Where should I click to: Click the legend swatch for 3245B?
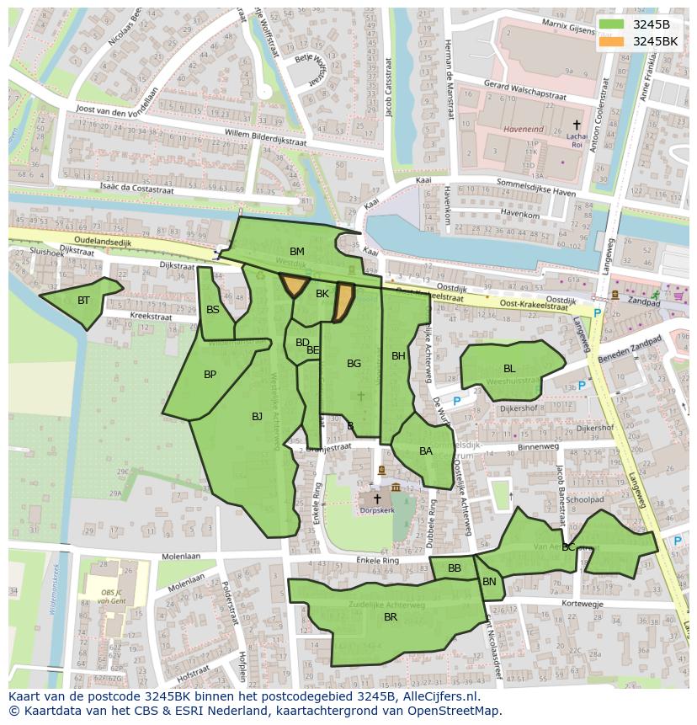[x=612, y=24]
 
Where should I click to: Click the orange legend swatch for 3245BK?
[x=612, y=41]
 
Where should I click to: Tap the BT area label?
[x=83, y=301]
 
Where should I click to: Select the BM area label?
[x=297, y=252]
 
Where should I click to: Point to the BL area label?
[x=509, y=369]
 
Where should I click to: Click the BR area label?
[x=391, y=617]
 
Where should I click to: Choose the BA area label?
[x=426, y=451]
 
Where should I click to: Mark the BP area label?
[x=210, y=375]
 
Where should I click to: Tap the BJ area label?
[x=258, y=416]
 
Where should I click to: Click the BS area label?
[x=213, y=310]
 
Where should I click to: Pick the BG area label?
[x=354, y=364]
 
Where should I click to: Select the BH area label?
[x=398, y=356]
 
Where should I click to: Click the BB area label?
[x=455, y=568]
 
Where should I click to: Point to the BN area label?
[x=489, y=582]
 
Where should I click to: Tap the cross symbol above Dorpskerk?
[x=377, y=498]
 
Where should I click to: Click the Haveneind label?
[x=524, y=130]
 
